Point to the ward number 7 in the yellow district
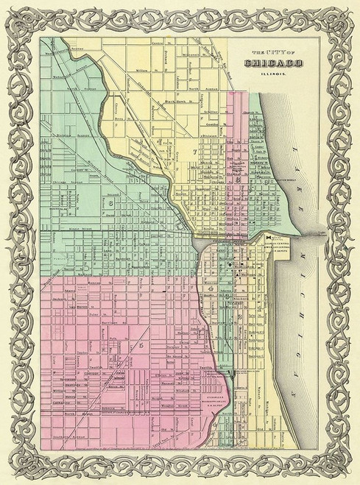point(195,152)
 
